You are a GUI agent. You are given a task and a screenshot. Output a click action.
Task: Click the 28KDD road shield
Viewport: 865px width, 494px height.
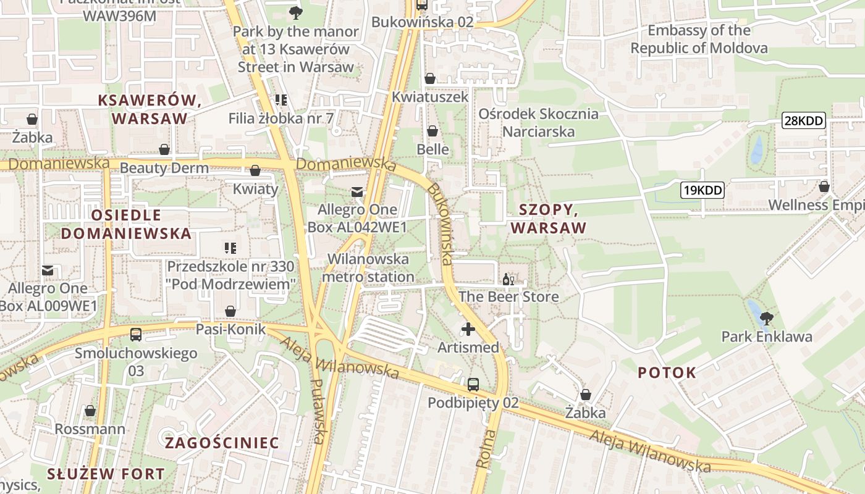[x=803, y=120]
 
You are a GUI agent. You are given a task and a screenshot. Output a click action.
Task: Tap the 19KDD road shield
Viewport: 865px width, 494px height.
[x=702, y=190]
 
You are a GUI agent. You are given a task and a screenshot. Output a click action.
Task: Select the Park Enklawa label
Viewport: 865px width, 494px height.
[x=767, y=337]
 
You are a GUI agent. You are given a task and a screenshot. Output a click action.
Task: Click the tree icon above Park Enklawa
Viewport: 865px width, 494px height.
[x=767, y=319]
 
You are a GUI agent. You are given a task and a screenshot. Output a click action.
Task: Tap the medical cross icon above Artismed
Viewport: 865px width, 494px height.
[x=468, y=329]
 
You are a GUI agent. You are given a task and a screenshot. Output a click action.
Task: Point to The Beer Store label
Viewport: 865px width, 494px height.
[x=508, y=296]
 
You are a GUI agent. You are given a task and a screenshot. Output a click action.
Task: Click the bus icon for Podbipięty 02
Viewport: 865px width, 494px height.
[x=473, y=385]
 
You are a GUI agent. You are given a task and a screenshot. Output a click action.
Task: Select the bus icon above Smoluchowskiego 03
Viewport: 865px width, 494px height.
[x=136, y=335]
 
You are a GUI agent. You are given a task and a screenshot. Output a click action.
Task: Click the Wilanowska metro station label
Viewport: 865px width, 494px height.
[x=368, y=267]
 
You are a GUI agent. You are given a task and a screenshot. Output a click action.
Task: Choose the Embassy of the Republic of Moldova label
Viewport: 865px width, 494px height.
[x=699, y=39]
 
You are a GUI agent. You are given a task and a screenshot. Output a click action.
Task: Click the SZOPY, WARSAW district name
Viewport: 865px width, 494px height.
[x=548, y=219]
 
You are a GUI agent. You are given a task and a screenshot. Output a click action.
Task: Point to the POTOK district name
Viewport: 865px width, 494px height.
[x=667, y=372]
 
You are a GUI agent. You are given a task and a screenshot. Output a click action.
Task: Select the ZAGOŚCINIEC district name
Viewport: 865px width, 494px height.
[x=222, y=443]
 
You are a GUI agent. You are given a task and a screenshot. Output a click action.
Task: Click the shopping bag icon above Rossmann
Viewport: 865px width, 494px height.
[x=90, y=411]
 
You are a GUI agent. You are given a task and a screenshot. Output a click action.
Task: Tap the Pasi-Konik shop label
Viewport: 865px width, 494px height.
[x=230, y=329]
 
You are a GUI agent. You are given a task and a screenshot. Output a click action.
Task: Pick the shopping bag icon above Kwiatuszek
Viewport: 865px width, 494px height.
[x=430, y=78]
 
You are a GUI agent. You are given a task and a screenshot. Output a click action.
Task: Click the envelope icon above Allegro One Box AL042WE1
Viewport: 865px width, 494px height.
[x=357, y=192]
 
